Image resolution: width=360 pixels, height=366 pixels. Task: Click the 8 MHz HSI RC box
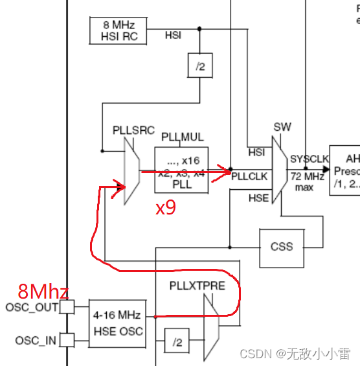[117, 30]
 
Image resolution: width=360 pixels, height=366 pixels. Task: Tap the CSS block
[282, 247]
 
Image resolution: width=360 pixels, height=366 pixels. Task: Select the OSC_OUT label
[32, 306]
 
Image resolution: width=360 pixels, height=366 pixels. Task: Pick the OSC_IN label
[36, 339]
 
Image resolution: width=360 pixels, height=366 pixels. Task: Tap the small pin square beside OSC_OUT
[67, 306]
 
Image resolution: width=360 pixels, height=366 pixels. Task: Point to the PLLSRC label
[133, 130]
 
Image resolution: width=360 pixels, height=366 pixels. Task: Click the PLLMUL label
[182, 137]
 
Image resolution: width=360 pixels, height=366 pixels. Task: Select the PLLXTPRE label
[197, 286]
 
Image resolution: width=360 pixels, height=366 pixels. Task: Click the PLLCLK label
[249, 175]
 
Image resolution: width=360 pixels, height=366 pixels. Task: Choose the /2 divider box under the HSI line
[200, 65]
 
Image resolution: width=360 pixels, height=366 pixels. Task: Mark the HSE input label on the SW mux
[258, 198]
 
